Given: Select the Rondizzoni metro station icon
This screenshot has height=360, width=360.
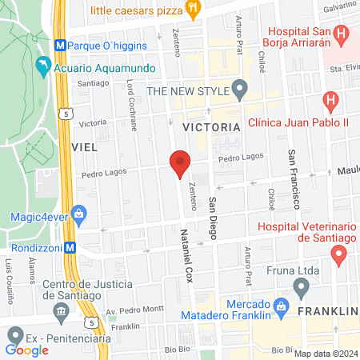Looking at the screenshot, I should coord(71,247).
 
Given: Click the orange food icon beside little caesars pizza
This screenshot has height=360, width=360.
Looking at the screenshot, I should coord(192,9).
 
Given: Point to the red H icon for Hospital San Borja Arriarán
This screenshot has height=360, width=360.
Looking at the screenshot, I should coord(342,34).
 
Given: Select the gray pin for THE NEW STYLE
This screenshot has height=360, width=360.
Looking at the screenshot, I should coord(238,87).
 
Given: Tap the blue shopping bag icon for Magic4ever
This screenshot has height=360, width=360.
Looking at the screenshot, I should coord(78,213).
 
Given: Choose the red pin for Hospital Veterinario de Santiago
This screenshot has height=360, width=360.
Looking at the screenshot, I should coord(338,255).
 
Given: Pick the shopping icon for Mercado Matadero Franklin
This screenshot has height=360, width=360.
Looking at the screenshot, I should coord(281,306).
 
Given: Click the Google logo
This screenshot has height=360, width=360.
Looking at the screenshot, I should coord(27,350).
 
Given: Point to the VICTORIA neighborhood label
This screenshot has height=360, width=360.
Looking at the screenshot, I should coord(211,127).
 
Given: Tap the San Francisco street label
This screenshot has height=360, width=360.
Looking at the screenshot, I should coord(294,175).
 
